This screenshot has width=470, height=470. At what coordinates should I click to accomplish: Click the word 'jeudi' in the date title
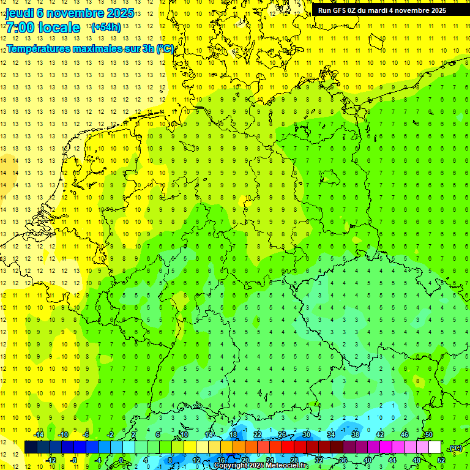(21, 12)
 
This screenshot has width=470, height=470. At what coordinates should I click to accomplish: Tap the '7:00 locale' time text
(43, 28)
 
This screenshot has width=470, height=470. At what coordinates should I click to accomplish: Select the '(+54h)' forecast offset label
(105, 28)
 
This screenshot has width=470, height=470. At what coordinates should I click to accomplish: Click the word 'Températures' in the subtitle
(37, 48)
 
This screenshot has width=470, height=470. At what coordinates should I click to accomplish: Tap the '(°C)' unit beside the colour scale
(455, 448)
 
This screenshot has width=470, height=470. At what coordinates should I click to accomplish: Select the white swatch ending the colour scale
(435, 447)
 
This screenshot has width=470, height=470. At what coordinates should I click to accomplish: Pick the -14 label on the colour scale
(39, 435)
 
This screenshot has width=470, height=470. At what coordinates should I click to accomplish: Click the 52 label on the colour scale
(441, 460)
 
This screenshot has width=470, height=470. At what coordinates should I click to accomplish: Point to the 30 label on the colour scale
(306, 435)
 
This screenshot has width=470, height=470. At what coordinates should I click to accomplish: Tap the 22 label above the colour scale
(258, 435)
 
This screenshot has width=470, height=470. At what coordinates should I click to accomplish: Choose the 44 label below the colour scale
(392, 460)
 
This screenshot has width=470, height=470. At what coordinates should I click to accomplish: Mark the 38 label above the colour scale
(355, 435)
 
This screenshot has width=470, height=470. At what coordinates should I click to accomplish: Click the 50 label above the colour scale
(428, 435)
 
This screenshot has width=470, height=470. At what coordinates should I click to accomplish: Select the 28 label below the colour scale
(294, 460)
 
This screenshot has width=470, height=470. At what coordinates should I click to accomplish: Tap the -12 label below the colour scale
(51, 460)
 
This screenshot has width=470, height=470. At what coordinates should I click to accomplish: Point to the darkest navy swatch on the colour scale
(31, 447)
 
